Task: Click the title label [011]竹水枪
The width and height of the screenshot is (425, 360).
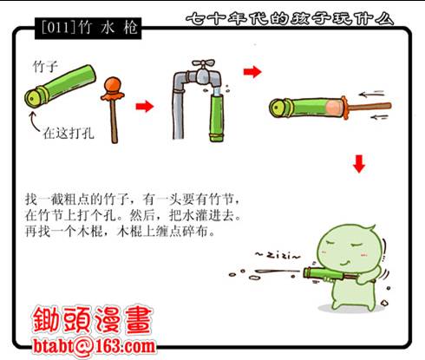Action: coord(88,28)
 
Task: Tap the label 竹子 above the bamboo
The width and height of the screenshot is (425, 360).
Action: coord(45,67)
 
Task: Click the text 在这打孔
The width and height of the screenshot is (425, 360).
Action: coord(69,134)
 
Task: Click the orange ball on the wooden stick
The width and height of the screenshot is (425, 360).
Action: coord(112,84)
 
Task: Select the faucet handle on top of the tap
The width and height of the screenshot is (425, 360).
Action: coord(204,63)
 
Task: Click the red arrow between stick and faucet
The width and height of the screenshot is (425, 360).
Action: coord(145,106)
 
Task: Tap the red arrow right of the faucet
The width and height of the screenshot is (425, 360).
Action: coord(252,71)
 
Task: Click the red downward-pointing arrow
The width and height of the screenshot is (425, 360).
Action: coord(359,164)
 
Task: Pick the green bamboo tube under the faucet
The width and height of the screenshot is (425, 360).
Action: coord(218,117)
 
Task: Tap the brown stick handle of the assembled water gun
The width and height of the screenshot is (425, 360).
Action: coord(369,107)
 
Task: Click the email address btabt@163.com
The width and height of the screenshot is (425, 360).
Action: coord(94,345)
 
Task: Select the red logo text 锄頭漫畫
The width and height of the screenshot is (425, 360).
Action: coord(92,319)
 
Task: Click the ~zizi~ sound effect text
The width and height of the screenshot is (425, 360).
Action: coord(278,255)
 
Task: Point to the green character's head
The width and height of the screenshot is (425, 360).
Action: coord(349,250)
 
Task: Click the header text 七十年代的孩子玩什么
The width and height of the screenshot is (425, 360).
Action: coord(290,18)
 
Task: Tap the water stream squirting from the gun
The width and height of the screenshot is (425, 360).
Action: coord(278,272)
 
